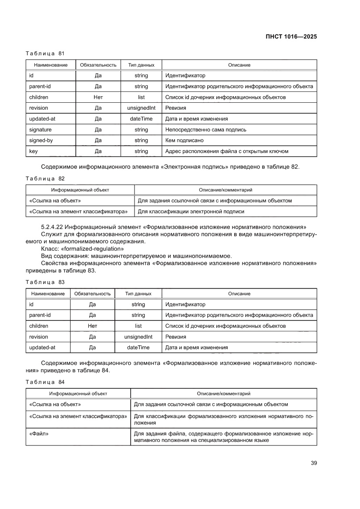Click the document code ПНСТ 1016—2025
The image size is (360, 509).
click(290, 37)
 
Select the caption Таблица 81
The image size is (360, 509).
click(45, 54)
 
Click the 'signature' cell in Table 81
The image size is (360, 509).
click(40, 130)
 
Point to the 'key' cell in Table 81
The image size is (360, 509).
click(33, 152)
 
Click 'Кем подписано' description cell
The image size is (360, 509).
click(185, 141)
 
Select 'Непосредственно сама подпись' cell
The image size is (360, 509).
click(205, 130)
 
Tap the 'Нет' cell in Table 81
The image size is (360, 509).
click(98, 97)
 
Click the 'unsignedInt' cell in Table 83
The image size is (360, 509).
click(138, 337)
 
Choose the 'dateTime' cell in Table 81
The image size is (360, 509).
click(141, 119)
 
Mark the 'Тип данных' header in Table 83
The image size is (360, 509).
click(138, 294)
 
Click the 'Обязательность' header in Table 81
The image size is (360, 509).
click(98, 65)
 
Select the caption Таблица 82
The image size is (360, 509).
click(45, 179)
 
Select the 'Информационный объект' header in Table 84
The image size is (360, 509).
click(78, 394)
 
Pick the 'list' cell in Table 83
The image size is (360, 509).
click(138, 326)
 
